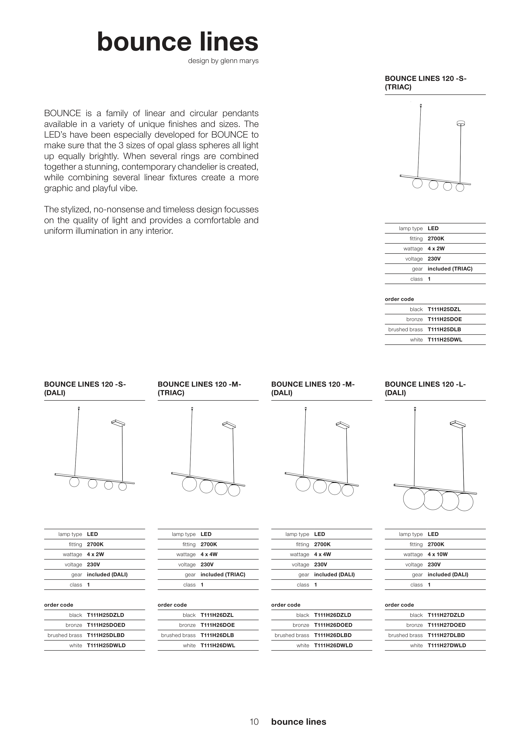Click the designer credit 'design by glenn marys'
point(223,61)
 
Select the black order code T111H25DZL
point(444,309)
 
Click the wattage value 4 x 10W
point(438,554)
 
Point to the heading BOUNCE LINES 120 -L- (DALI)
point(425,388)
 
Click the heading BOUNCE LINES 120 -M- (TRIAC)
point(199,388)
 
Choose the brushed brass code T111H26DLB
point(217,635)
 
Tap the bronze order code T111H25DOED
point(106,625)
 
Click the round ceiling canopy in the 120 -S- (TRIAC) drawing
point(460,123)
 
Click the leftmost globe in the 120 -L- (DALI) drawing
point(414,498)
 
